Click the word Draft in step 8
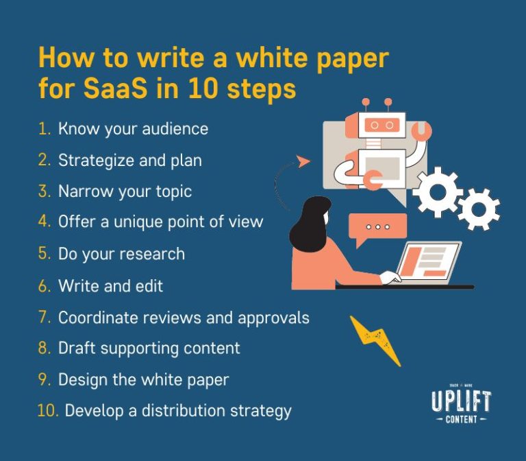[76, 348]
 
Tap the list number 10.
[48, 411]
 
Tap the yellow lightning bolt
[375, 339]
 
